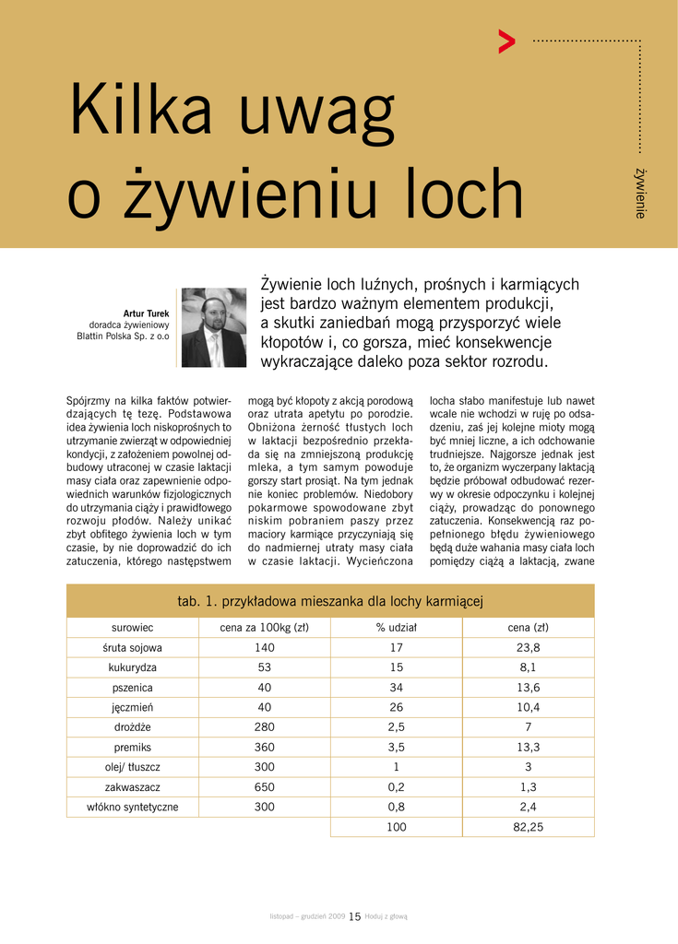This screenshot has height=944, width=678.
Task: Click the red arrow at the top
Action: point(506,41)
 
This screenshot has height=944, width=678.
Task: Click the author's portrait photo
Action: point(214,328)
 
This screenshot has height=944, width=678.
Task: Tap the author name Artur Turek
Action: point(146,313)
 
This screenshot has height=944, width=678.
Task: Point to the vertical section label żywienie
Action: point(639,193)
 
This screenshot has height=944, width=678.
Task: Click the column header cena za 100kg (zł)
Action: point(264,628)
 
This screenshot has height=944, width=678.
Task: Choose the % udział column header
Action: point(397,628)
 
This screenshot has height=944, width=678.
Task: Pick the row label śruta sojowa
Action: point(133,648)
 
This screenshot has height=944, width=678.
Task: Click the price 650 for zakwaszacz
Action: point(265,787)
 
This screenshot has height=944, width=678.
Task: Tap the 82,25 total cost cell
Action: point(529,827)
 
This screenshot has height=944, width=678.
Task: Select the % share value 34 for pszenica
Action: point(397,688)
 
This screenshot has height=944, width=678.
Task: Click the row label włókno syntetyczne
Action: point(133,807)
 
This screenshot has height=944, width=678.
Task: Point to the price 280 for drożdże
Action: point(265,727)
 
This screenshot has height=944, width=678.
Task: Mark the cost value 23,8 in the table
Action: point(529,648)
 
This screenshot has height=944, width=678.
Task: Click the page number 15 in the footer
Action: point(354,916)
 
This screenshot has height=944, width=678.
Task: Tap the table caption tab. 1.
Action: point(196,602)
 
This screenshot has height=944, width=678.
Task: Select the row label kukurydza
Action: point(133,667)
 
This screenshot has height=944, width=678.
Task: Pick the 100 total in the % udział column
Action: point(397,827)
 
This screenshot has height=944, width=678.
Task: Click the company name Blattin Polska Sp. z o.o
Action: point(123,336)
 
